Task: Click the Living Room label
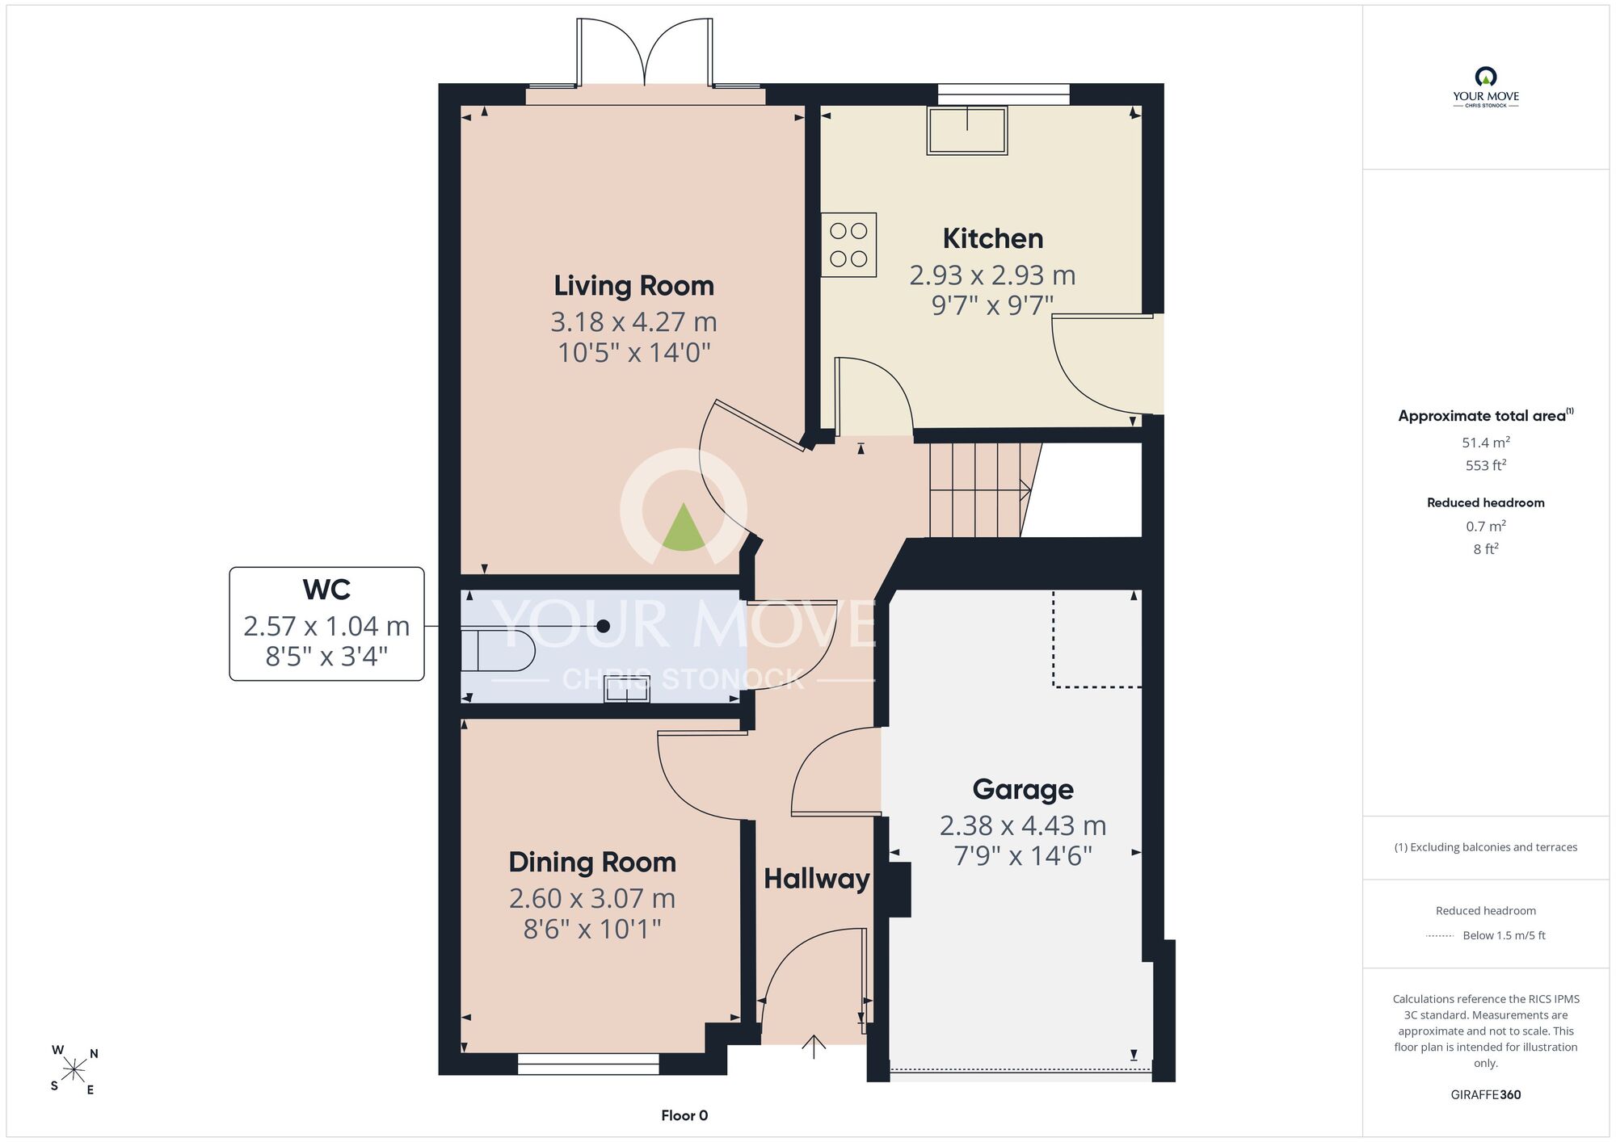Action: click(633, 286)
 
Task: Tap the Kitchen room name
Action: click(993, 238)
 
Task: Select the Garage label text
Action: click(1023, 789)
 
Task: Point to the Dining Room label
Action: click(592, 863)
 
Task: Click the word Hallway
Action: click(817, 879)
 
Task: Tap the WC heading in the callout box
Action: click(326, 590)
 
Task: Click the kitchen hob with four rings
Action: click(848, 245)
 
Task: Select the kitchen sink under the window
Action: click(967, 130)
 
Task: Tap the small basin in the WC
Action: click(627, 689)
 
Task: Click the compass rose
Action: click(74, 1071)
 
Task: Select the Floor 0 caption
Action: click(684, 1115)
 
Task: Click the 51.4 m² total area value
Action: click(1486, 443)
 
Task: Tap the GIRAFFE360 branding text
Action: click(1486, 1095)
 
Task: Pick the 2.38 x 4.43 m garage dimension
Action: click(1023, 825)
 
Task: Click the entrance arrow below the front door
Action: click(814, 1047)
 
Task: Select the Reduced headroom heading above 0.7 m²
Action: click(1486, 502)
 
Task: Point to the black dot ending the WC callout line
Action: click(603, 626)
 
